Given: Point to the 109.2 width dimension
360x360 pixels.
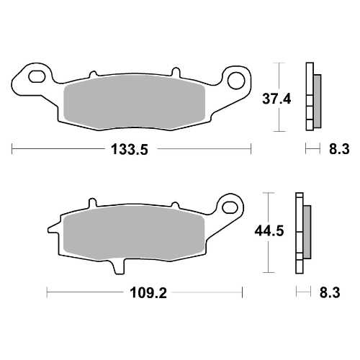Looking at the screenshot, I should coord(143,294).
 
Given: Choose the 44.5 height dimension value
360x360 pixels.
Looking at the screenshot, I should coord(268,233).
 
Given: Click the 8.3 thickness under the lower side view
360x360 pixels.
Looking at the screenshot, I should coord(329,294).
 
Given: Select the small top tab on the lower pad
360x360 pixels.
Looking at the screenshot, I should coord(90,202).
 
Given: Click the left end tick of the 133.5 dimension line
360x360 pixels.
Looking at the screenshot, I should coord(13,150).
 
